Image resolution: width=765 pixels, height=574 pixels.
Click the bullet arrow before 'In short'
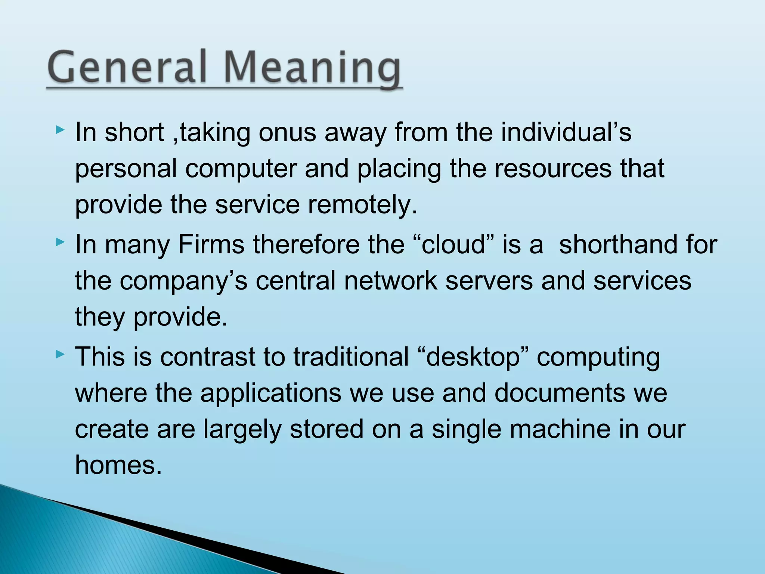[x=60, y=130]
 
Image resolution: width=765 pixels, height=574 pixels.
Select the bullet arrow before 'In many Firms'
[x=60, y=243]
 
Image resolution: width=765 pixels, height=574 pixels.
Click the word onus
[x=287, y=133]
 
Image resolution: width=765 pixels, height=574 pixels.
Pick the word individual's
[x=566, y=132]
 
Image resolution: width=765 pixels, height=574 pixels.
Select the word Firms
[x=211, y=245]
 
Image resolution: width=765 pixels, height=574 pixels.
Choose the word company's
[x=183, y=281]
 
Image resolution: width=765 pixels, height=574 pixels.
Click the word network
[x=390, y=281]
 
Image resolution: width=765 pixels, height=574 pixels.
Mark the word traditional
[x=351, y=357]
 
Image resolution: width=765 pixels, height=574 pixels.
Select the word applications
[x=271, y=394]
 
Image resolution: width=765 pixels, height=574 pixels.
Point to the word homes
[x=118, y=465]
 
